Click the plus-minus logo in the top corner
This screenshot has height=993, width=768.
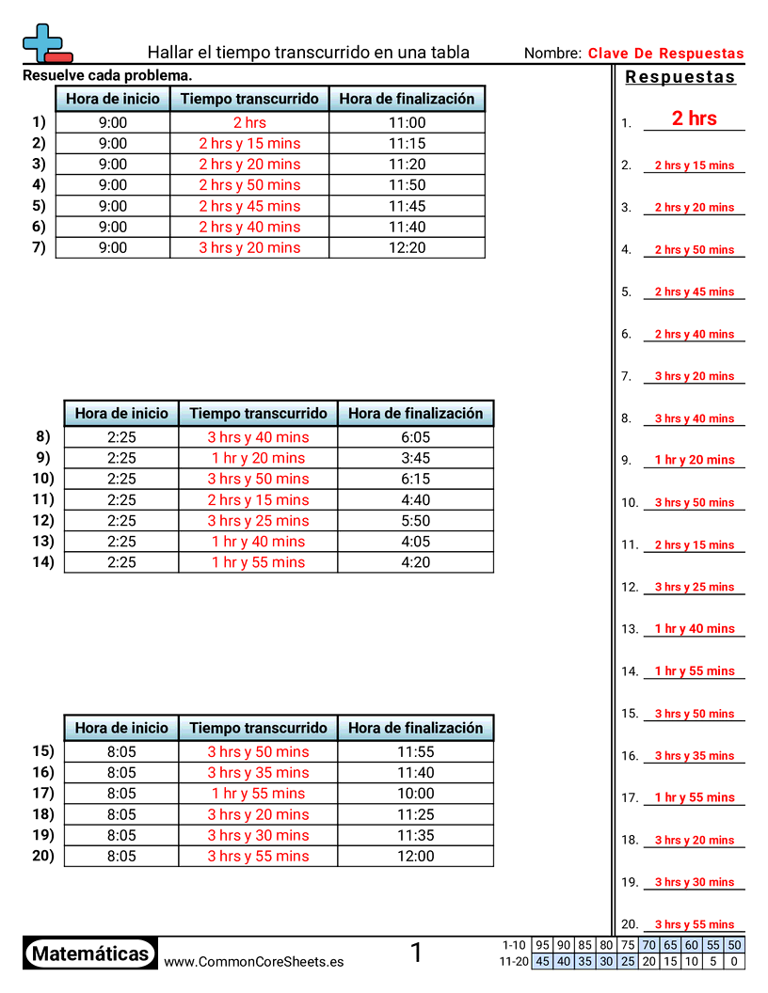tap(46, 43)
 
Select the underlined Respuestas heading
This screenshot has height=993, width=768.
tap(680, 77)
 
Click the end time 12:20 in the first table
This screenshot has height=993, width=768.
tap(407, 247)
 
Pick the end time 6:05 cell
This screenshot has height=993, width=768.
tap(415, 437)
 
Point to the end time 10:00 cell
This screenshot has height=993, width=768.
tap(415, 794)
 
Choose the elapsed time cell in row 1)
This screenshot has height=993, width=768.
tap(249, 122)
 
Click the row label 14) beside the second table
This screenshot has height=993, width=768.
tap(43, 561)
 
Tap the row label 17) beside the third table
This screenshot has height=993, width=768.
tap(43, 793)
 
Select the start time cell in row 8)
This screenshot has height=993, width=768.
tap(121, 437)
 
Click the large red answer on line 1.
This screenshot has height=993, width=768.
tap(694, 118)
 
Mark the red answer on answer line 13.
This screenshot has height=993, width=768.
tap(694, 629)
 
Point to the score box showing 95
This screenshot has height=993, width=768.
tap(542, 945)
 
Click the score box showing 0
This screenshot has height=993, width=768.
tap(734, 961)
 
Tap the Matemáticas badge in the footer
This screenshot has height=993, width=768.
tap(90, 954)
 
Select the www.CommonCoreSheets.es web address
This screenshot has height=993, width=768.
tap(253, 961)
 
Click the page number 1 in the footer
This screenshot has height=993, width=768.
tap(416, 954)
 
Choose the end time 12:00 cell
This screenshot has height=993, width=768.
tap(415, 856)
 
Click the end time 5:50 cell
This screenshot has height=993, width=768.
tap(415, 520)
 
